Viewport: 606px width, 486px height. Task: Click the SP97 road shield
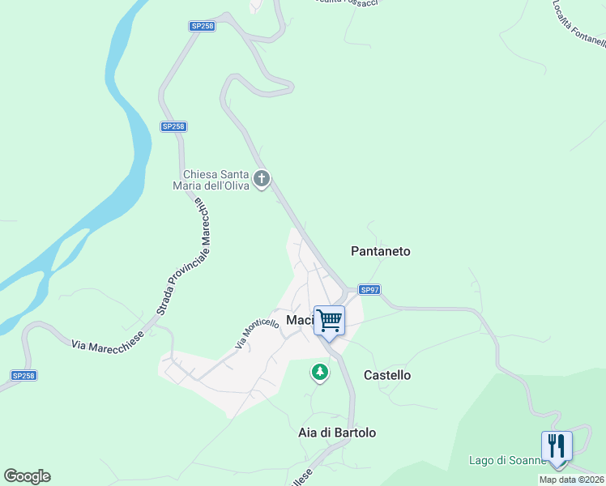[369, 289]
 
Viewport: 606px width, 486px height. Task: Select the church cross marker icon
[262, 178]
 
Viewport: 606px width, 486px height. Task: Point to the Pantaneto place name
[381, 251]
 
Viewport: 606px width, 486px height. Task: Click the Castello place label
[387, 375]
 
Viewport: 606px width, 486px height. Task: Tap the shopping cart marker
[329, 321]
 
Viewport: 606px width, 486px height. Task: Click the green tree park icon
[321, 373]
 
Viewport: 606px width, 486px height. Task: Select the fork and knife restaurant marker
[557, 446]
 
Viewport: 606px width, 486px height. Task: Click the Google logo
[27, 476]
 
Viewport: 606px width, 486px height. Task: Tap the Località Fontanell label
[578, 22]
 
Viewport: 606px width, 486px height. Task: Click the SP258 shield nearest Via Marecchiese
[24, 376]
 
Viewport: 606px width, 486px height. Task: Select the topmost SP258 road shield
[202, 26]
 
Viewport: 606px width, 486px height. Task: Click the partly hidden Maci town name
[298, 320]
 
